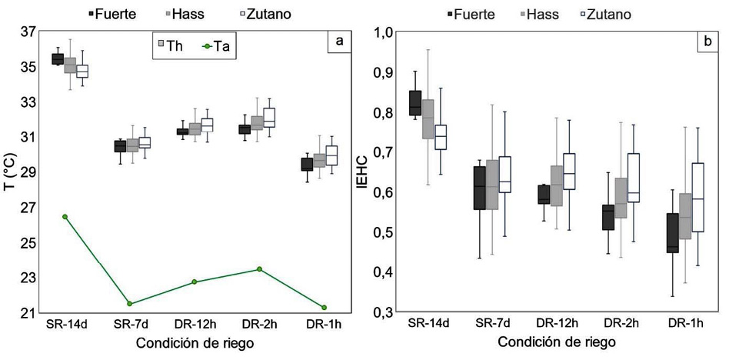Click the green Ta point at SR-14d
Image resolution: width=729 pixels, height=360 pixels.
[65, 217]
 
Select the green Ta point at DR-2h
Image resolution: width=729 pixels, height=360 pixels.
[259, 269]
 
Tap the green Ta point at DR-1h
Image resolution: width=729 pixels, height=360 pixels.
[324, 308]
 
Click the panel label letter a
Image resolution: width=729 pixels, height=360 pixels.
[339, 43]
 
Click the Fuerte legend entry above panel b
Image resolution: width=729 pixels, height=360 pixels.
[474, 14]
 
